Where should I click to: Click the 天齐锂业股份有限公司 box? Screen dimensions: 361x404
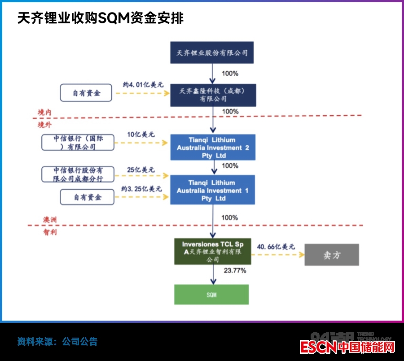point(212,53)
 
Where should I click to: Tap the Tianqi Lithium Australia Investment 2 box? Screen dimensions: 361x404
point(213,148)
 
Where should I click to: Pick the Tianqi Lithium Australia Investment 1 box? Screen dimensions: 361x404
point(213,191)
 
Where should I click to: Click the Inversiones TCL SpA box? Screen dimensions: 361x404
point(213,252)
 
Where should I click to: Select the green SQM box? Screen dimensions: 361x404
point(211,295)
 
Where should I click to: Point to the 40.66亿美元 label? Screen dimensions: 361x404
point(276,246)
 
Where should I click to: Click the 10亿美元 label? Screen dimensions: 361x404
point(141,134)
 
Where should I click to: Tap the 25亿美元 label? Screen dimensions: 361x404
point(141,170)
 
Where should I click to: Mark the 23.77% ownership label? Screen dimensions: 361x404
point(235,270)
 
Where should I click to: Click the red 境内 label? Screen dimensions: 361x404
point(45,113)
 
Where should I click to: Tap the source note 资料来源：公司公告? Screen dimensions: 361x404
point(57,342)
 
